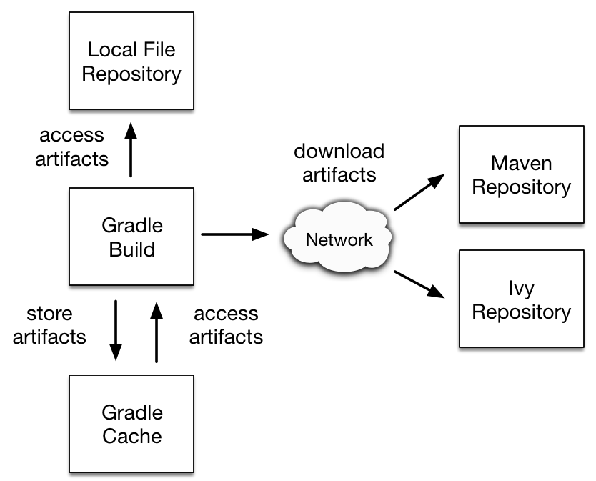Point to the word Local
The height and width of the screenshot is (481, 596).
pos(111,50)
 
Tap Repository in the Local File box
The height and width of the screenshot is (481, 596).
pos(131,74)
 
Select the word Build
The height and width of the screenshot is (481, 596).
pos(132,250)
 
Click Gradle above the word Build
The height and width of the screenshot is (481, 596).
pos(132,226)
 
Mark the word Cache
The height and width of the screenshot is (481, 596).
pos(132,436)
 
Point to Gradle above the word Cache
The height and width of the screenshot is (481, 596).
pos(132,412)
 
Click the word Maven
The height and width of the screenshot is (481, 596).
pos(522,163)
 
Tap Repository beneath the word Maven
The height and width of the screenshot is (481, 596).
pos(522,187)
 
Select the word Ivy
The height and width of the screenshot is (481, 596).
pos(522,289)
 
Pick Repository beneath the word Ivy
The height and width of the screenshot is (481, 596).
pos(522,312)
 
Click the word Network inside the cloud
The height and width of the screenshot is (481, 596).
pos(339,239)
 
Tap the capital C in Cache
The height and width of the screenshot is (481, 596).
pos(110,436)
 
